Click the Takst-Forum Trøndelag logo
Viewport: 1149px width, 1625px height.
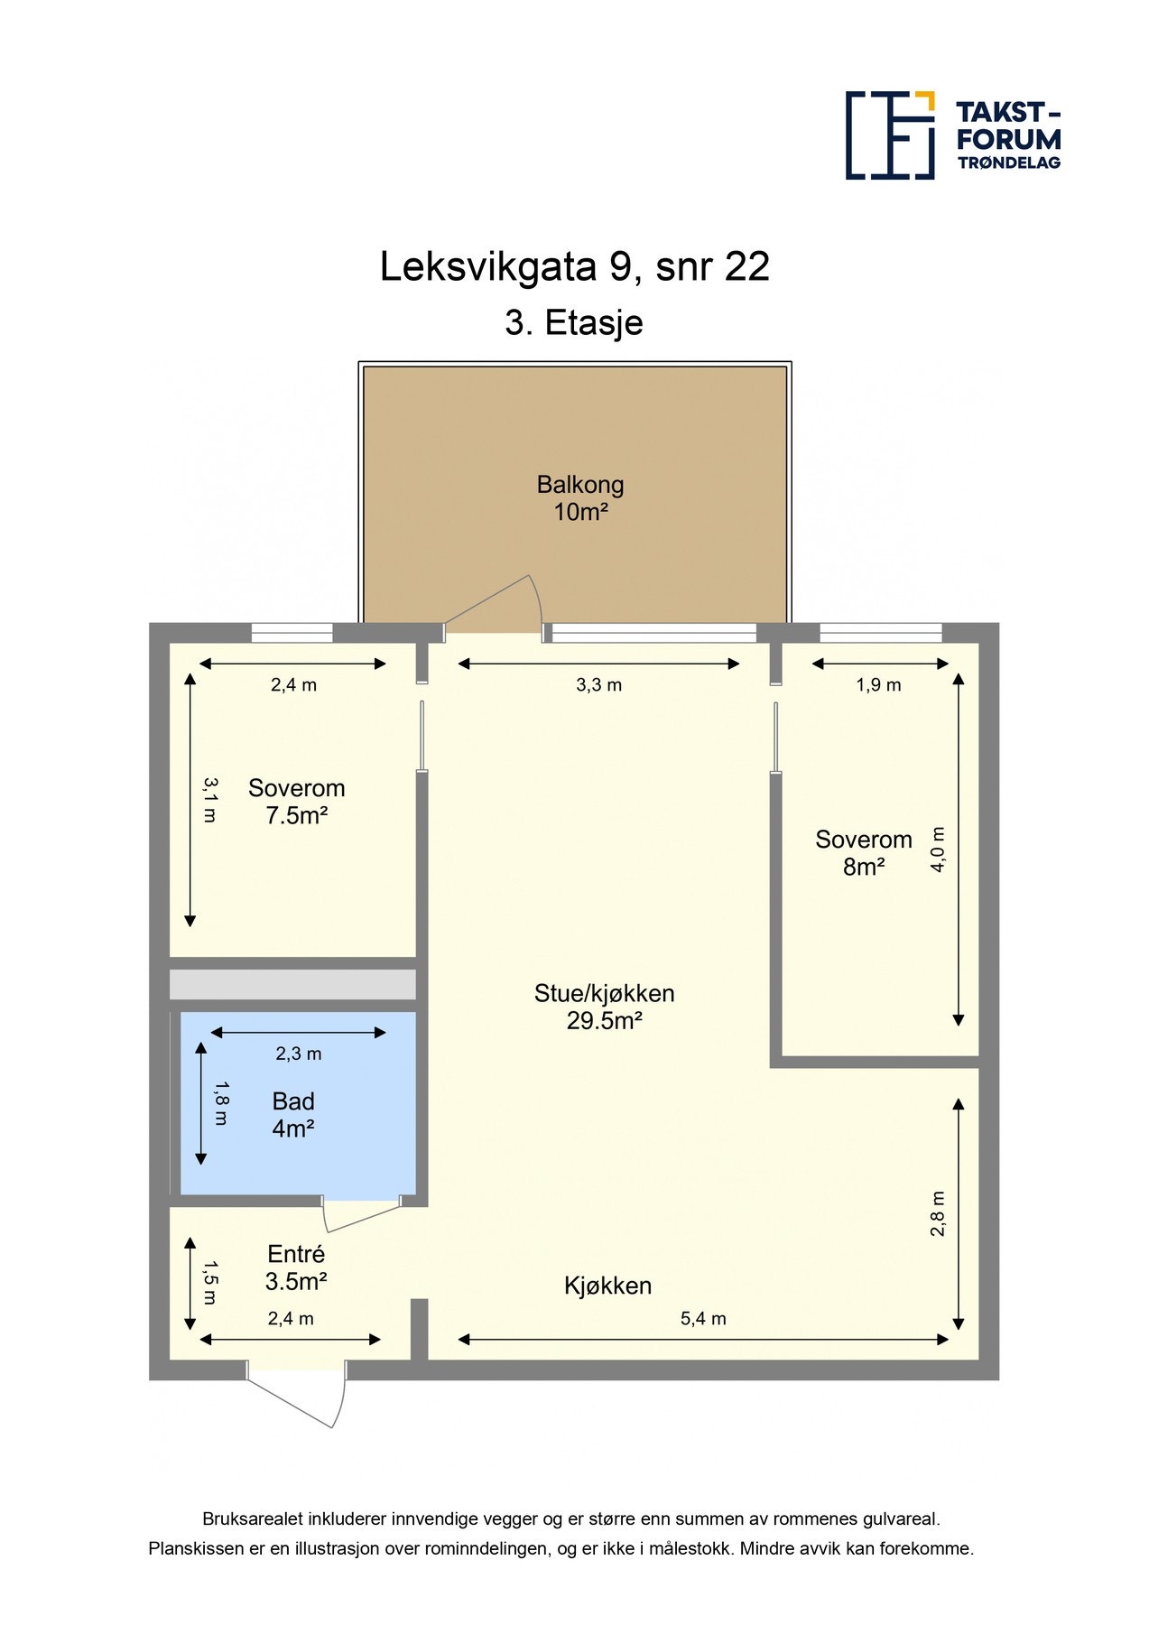952,135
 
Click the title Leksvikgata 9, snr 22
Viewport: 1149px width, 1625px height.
574,267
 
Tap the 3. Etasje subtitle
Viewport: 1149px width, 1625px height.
574,322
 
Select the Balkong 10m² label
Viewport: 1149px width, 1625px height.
580,498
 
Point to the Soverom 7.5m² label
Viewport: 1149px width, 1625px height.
296,802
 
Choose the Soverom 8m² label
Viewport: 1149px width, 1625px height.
864,853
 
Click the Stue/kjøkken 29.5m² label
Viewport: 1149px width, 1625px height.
604,1007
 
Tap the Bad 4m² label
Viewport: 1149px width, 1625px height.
293,1115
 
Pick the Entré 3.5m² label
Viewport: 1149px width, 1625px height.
296,1267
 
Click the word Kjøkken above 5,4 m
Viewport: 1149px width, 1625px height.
607,1286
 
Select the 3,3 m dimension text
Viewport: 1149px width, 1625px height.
599,685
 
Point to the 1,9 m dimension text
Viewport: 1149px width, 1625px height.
878,685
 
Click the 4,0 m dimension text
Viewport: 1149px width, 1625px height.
939,849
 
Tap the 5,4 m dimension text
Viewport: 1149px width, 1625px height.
703,1319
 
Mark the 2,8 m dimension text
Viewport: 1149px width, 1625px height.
939,1214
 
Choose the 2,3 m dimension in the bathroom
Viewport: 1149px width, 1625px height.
299,1054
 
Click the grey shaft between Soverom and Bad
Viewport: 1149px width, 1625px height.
292,985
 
